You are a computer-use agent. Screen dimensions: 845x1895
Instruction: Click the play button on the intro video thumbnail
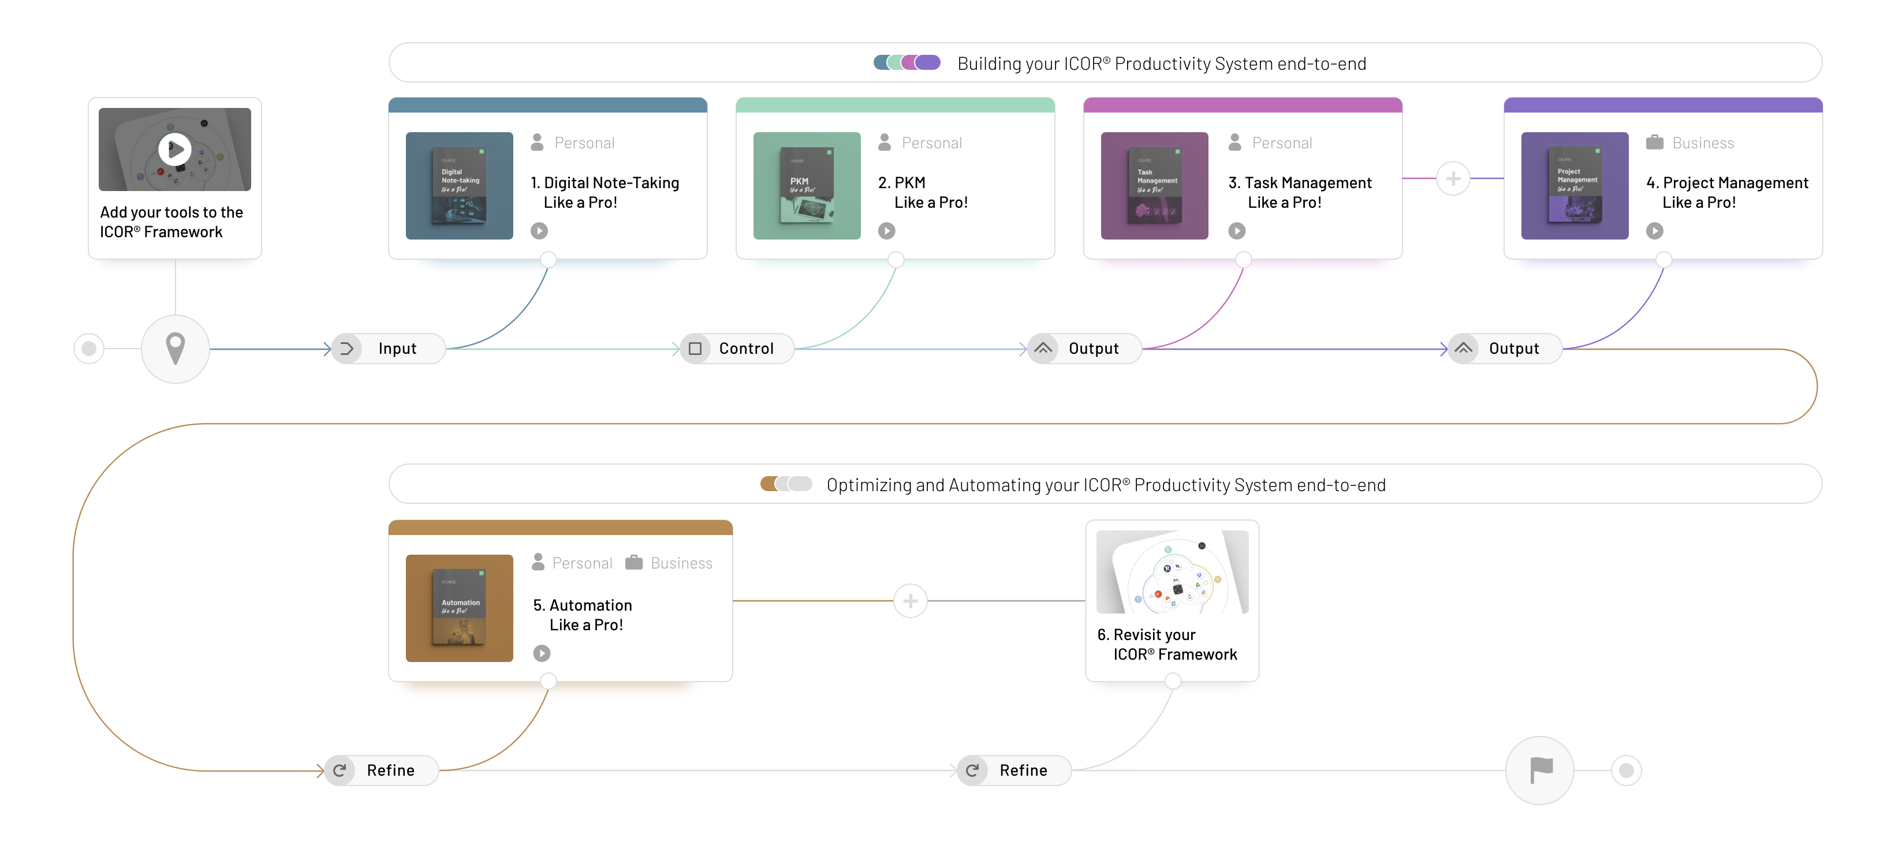click(x=175, y=149)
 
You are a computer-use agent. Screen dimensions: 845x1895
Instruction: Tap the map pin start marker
click(x=175, y=349)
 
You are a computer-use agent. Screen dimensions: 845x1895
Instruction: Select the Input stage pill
click(x=389, y=349)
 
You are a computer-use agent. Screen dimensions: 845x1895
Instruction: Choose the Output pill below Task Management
click(x=1084, y=349)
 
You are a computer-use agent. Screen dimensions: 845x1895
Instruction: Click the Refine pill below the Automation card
click(x=382, y=770)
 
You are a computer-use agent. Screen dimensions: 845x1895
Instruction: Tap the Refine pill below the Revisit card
click(x=1014, y=770)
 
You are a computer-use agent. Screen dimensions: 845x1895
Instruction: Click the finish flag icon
click(x=1540, y=770)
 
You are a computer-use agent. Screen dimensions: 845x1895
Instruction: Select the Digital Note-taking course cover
click(x=459, y=185)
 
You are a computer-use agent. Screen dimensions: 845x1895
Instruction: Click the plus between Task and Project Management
click(x=1453, y=179)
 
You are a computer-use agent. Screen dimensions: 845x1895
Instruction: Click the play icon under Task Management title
click(x=1237, y=231)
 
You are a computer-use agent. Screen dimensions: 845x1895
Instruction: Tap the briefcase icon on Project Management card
click(x=1654, y=143)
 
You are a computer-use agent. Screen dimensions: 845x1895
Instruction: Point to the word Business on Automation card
click(x=681, y=563)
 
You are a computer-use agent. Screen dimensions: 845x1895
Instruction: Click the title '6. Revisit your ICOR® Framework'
click(x=1167, y=644)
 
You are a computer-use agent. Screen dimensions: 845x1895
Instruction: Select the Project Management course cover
click(x=1575, y=185)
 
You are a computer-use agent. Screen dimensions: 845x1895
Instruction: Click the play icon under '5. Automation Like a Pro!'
click(x=542, y=653)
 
